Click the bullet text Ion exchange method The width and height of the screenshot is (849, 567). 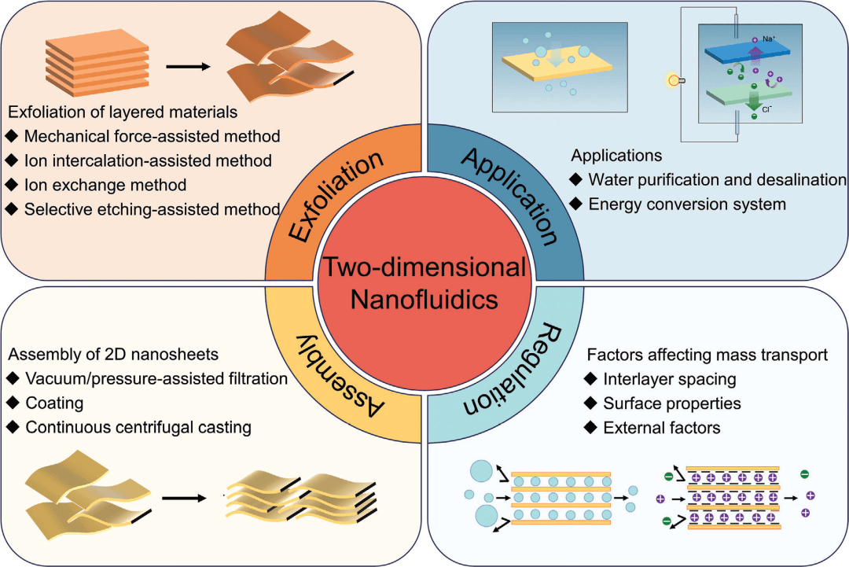pos(105,186)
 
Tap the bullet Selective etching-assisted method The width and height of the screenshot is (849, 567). pos(152,210)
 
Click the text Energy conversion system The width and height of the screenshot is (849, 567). pos(695,204)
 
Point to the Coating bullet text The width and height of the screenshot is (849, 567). pos(53,403)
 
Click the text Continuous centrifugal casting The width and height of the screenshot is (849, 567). pos(138,428)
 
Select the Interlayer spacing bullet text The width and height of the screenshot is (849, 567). pos(670,379)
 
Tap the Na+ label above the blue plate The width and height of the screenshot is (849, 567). pos(769,38)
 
